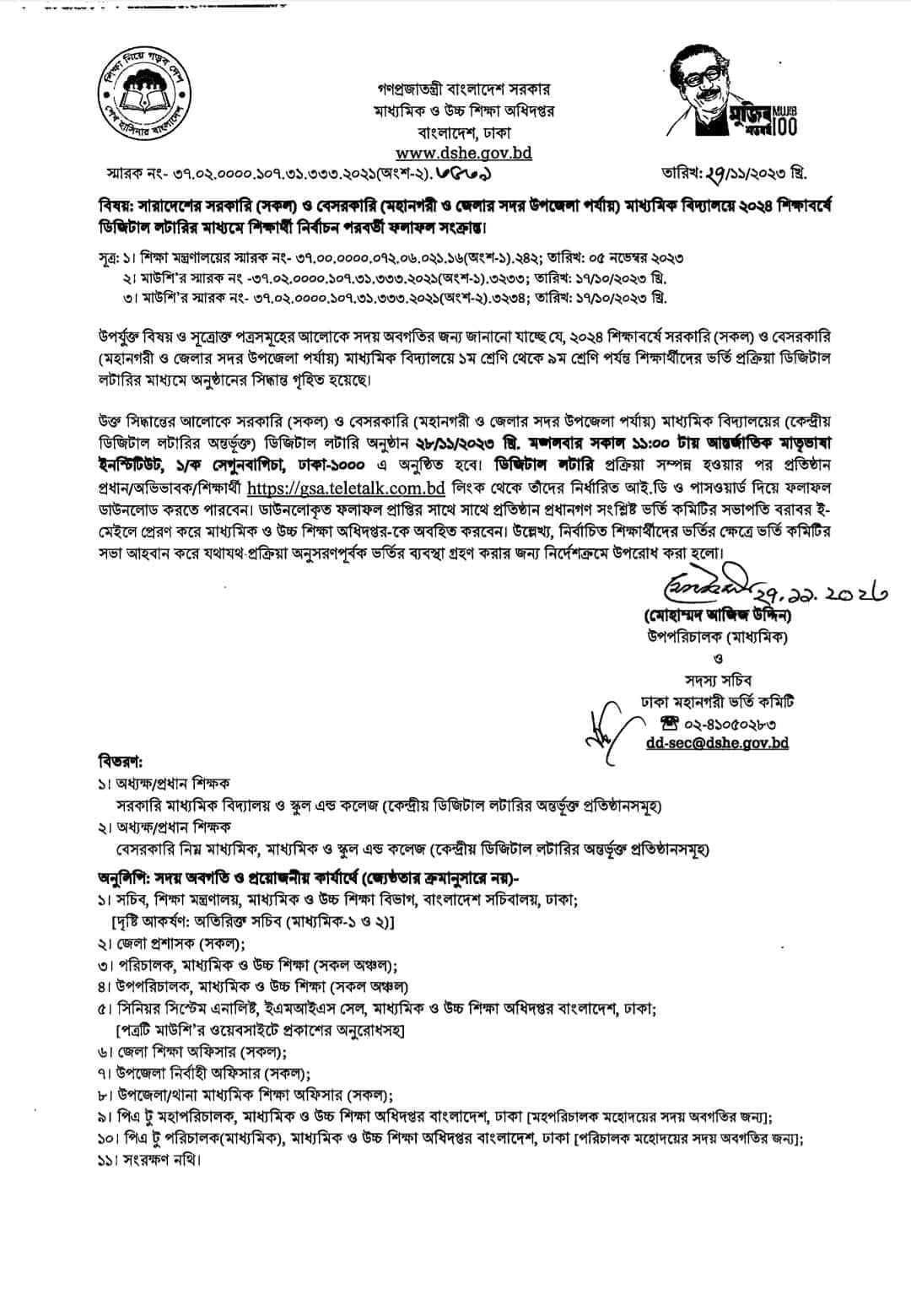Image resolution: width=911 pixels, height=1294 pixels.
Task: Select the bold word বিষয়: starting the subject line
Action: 116,208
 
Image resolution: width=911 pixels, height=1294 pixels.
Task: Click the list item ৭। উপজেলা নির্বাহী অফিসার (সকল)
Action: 203,1074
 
